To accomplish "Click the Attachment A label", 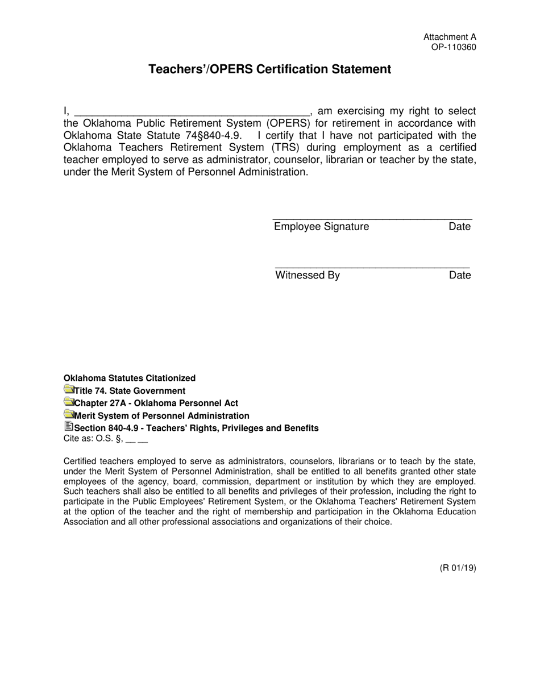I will (x=450, y=37).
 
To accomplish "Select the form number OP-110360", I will (x=454, y=47).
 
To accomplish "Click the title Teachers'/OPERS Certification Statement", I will (x=270, y=69).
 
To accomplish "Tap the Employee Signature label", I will (x=321, y=227).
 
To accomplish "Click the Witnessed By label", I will (x=308, y=276).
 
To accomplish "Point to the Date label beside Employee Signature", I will (x=460, y=227).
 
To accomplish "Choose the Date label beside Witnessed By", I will (x=460, y=276).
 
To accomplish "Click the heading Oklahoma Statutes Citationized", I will (x=130, y=378).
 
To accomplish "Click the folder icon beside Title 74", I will (x=69, y=390).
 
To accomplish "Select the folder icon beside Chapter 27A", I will (x=69, y=402).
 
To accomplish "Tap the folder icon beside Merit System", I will (x=69, y=415).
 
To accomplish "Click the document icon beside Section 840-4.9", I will (x=69, y=427).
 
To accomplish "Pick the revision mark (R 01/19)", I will (x=458, y=567).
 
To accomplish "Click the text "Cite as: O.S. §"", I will (x=93, y=439).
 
